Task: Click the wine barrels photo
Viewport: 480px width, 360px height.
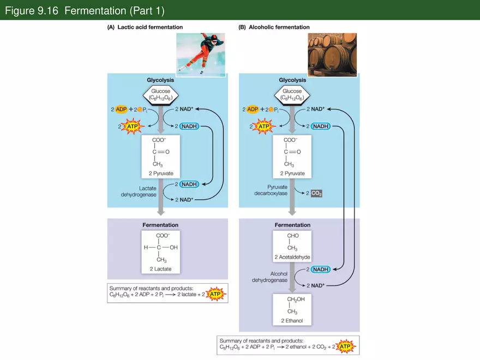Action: (332, 55)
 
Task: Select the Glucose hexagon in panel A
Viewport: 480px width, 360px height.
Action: (160, 95)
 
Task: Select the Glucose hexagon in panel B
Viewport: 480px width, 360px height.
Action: (292, 95)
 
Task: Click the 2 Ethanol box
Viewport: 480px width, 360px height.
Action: (292, 309)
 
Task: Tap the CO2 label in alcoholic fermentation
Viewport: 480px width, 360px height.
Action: (317, 194)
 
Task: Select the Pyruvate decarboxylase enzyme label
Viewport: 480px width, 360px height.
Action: (272, 190)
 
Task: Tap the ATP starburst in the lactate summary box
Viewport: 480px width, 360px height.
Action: (216, 295)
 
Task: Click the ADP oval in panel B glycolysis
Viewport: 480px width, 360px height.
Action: (253, 110)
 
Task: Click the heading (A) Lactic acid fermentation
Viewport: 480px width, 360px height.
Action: (145, 27)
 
